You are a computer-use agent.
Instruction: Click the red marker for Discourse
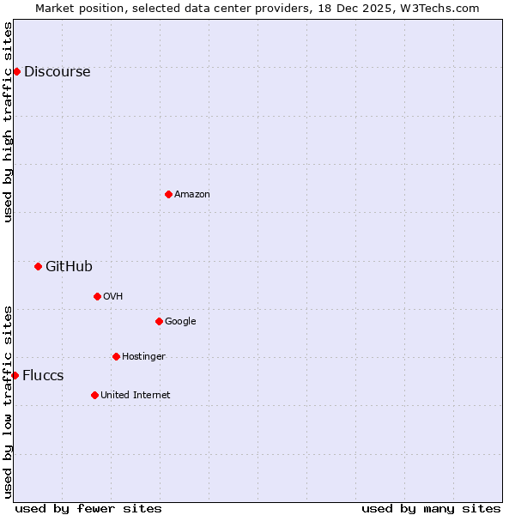(16, 71)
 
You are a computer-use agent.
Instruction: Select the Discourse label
(57, 72)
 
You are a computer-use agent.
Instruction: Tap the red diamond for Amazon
(168, 194)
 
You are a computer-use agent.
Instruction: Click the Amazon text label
(192, 195)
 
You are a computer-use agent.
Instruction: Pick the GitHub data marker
(38, 266)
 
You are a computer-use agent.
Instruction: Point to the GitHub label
(69, 267)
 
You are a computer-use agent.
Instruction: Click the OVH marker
(97, 296)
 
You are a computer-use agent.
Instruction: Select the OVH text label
(112, 297)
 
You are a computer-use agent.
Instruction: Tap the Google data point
(159, 321)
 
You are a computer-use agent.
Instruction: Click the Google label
(180, 322)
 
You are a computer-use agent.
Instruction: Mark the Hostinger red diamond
(116, 356)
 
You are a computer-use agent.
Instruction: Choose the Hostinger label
(143, 357)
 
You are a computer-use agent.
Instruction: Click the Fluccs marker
(15, 375)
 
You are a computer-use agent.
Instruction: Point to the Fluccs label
(43, 376)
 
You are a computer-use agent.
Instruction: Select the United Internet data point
(94, 395)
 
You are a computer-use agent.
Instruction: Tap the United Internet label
(135, 396)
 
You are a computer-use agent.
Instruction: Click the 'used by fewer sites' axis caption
(88, 508)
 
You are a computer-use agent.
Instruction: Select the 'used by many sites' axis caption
(431, 508)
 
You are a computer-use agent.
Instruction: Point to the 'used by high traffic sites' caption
(9, 122)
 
